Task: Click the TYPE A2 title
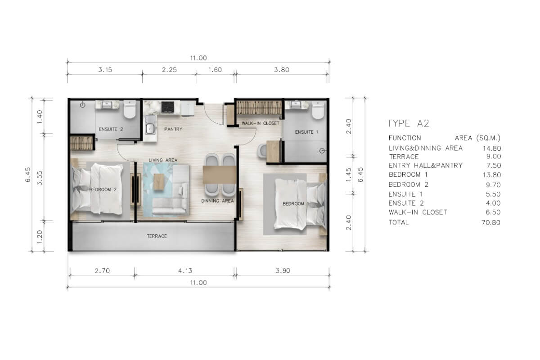[x=408, y=123]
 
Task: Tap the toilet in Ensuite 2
[x=130, y=109]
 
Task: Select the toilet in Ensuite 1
[x=318, y=110]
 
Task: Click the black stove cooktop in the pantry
[x=167, y=107]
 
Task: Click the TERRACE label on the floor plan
[x=157, y=236]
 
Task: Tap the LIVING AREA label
[x=163, y=160]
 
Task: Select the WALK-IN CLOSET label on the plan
[x=261, y=123]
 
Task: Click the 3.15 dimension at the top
[x=105, y=70]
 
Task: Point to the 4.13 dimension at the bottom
[x=185, y=270]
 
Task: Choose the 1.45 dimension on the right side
[x=349, y=175]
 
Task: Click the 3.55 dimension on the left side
[x=40, y=178]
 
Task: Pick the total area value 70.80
[x=491, y=222]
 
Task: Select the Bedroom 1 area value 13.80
[x=492, y=175]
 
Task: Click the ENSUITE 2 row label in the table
[x=406, y=203]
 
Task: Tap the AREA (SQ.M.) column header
[x=477, y=138]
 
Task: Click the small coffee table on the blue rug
[x=158, y=181]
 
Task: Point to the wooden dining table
[x=220, y=175]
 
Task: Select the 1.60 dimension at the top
[x=215, y=70]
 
